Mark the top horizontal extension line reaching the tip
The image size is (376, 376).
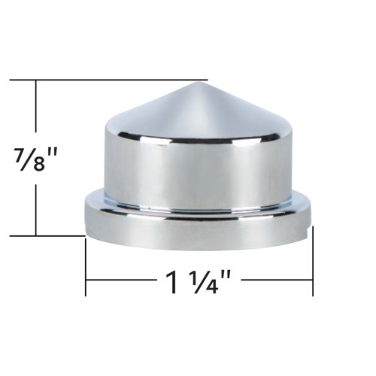click(113, 80)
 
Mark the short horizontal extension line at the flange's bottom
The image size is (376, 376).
click(45, 236)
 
